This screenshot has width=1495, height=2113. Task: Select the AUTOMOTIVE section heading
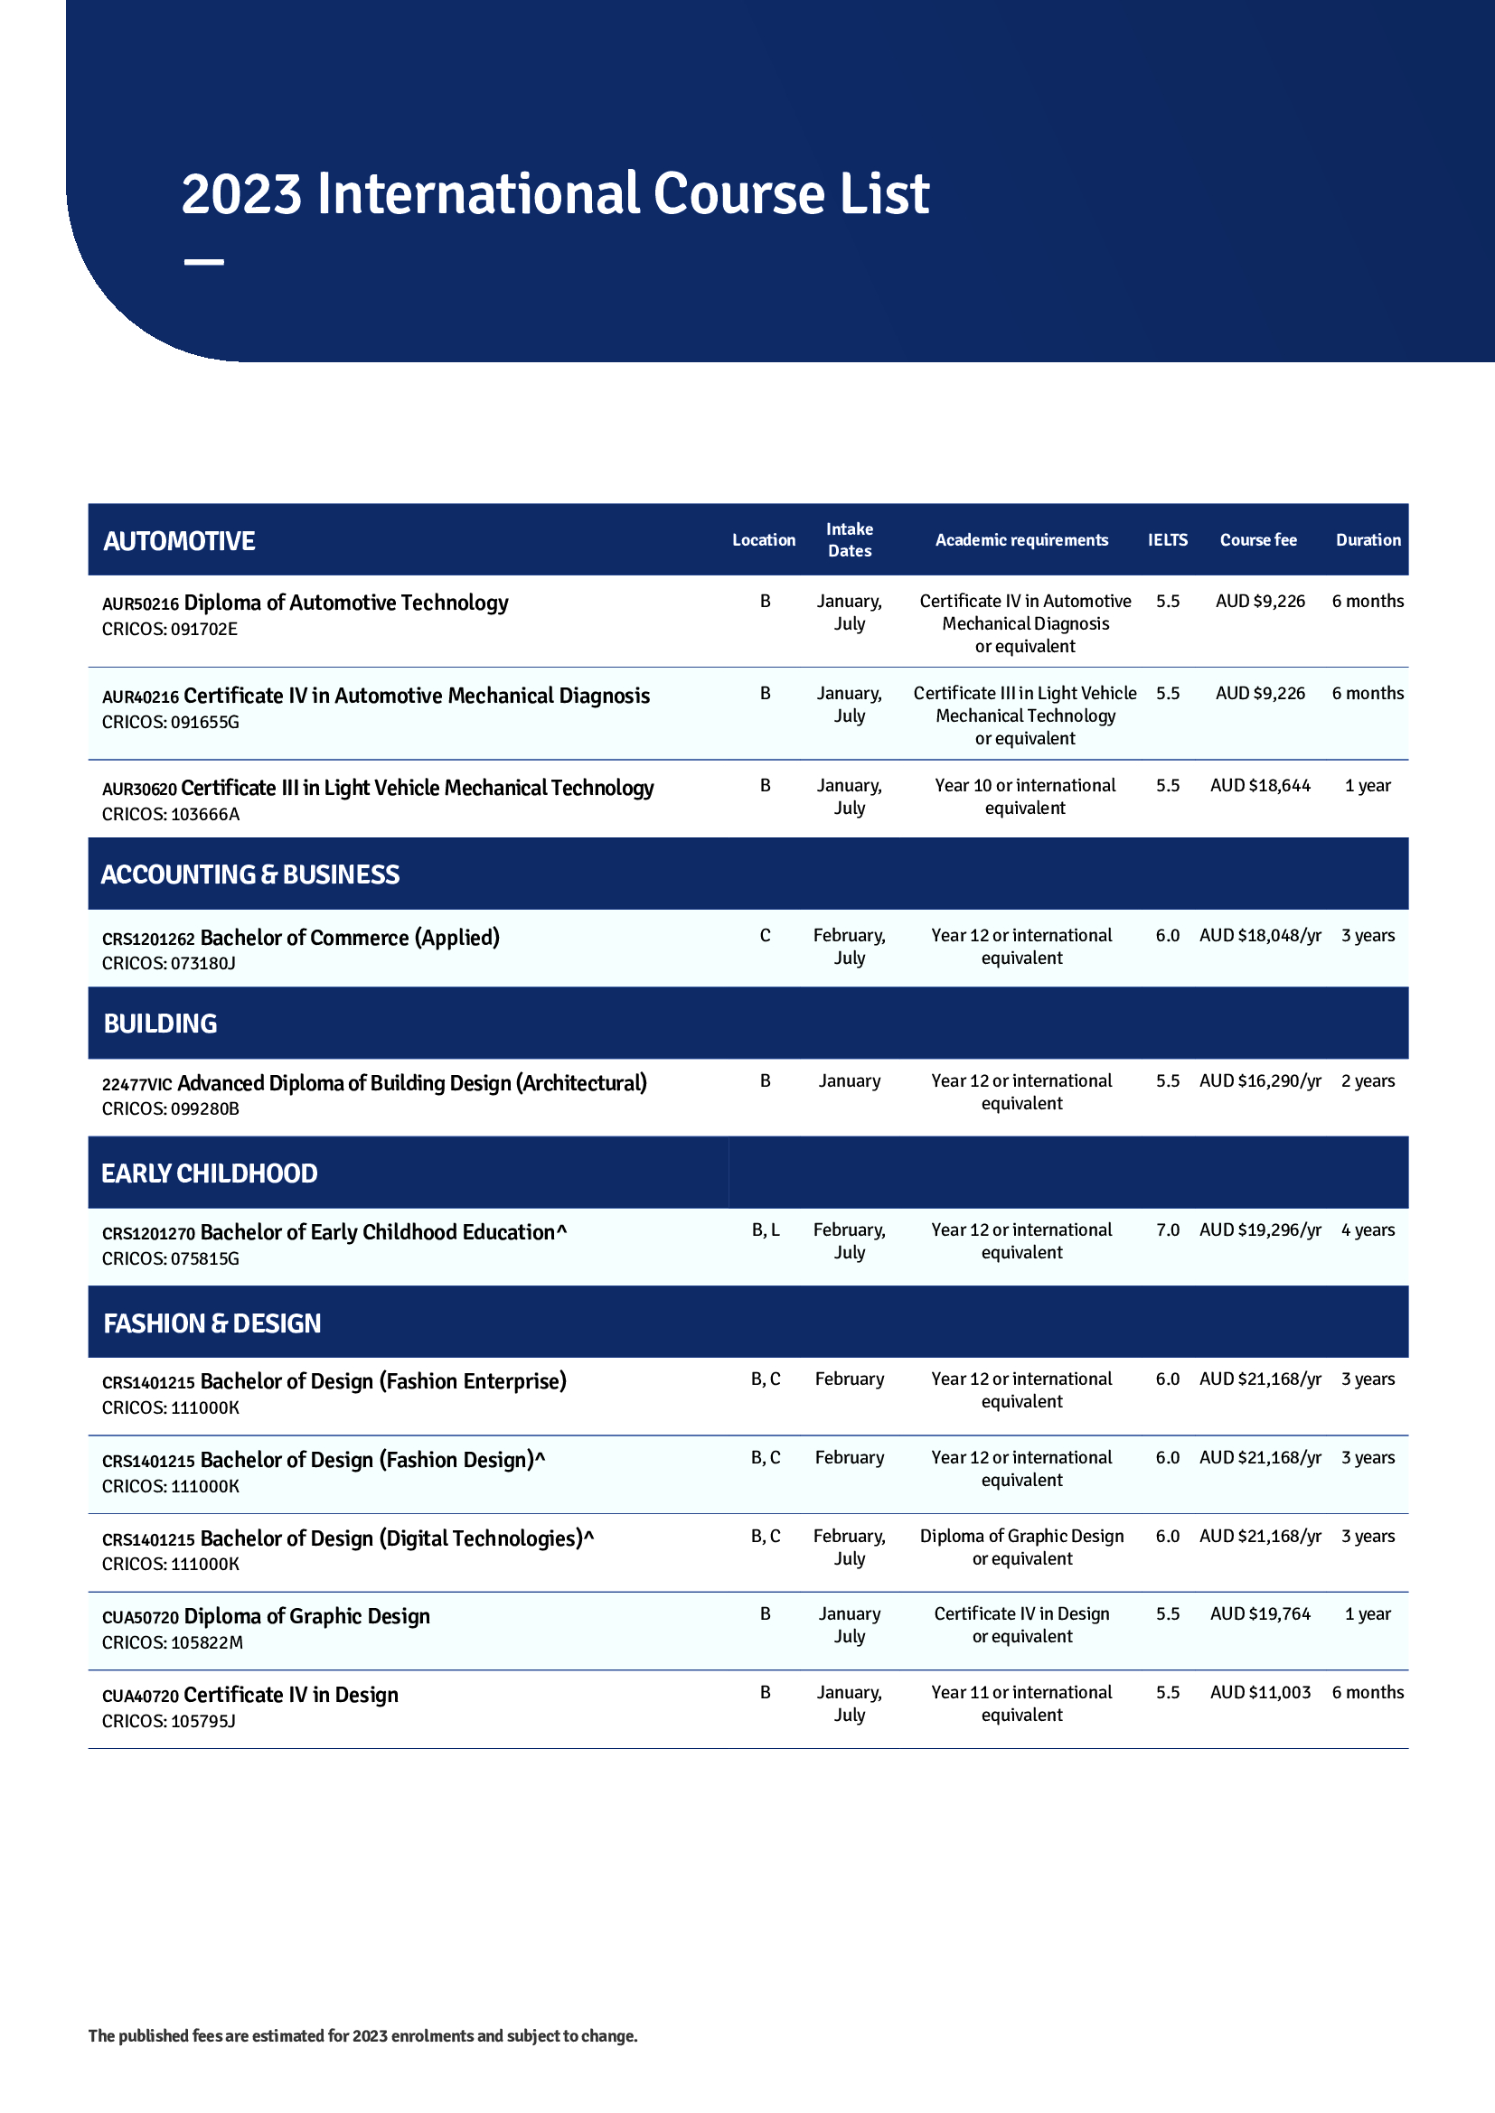click(179, 541)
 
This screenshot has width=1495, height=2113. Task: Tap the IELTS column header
click(1167, 540)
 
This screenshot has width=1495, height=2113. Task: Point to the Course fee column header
click(1258, 540)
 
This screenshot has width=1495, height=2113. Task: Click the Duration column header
click(1368, 540)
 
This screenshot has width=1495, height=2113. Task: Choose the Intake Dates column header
click(849, 540)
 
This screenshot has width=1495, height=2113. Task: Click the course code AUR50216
click(140, 604)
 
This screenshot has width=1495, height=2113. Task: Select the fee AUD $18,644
click(1260, 786)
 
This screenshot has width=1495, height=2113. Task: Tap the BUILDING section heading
click(160, 1024)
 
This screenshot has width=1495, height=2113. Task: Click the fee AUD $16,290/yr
click(1260, 1081)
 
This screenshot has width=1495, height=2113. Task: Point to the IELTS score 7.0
click(1167, 1230)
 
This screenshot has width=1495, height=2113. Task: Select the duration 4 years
click(1368, 1230)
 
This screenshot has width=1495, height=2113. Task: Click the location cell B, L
click(765, 1230)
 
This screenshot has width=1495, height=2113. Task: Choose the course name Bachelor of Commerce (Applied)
click(350, 938)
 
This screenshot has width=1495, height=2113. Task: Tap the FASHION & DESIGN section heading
click(212, 1323)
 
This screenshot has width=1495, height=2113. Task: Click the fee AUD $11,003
click(1260, 1692)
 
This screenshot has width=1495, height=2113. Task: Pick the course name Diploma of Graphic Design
click(306, 1617)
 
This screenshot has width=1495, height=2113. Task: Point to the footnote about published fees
click(362, 2035)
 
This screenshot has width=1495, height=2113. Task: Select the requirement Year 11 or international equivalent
click(1022, 1704)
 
